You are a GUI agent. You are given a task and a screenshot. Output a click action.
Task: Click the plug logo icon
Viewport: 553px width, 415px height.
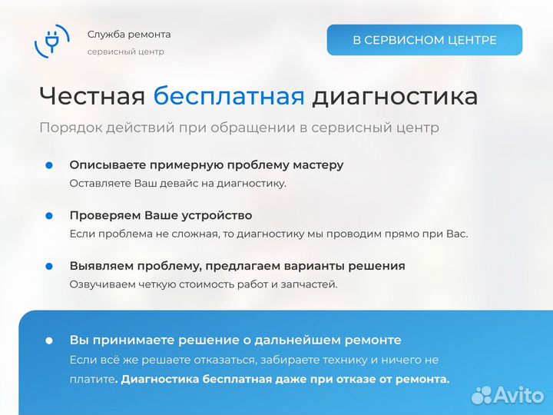tap(52, 41)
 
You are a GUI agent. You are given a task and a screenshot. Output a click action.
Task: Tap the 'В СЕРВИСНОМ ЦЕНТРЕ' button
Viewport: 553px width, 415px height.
tap(425, 40)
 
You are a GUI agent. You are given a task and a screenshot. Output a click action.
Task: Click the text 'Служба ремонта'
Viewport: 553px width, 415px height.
tap(129, 35)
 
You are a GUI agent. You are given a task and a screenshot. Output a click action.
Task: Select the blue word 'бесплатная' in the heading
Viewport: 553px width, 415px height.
tap(229, 97)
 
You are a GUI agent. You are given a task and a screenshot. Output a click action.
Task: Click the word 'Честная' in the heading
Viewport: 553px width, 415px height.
tap(92, 97)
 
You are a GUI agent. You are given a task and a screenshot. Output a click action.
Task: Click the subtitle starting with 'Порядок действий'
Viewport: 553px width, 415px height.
tap(239, 128)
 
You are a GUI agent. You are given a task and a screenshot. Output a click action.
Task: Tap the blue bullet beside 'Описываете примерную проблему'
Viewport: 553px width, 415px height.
tap(49, 165)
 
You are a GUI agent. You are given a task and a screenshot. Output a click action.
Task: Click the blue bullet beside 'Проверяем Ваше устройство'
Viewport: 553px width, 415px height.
tap(49, 216)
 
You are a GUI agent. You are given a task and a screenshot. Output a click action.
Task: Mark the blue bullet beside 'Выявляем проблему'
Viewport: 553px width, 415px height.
tap(49, 266)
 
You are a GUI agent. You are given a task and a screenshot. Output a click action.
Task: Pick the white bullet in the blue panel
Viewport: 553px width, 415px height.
tap(49, 340)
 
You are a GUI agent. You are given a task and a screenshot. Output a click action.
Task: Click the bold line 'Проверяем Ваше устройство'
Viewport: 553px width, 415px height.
tap(161, 216)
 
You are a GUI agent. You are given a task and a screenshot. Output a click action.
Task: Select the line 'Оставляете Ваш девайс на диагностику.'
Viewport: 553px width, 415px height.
tap(177, 183)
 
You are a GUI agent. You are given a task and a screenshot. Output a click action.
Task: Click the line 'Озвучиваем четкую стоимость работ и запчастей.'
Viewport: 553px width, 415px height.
tap(203, 284)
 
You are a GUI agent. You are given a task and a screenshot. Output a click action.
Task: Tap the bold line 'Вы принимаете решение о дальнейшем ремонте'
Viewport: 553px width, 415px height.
tap(235, 340)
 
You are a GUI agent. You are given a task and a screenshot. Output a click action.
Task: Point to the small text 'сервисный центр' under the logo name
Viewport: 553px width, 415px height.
tap(125, 51)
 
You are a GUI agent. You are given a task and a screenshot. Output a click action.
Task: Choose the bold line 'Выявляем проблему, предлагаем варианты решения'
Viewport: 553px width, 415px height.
tap(237, 266)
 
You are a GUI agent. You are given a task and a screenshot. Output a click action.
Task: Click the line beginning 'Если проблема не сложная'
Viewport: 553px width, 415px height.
tap(268, 234)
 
